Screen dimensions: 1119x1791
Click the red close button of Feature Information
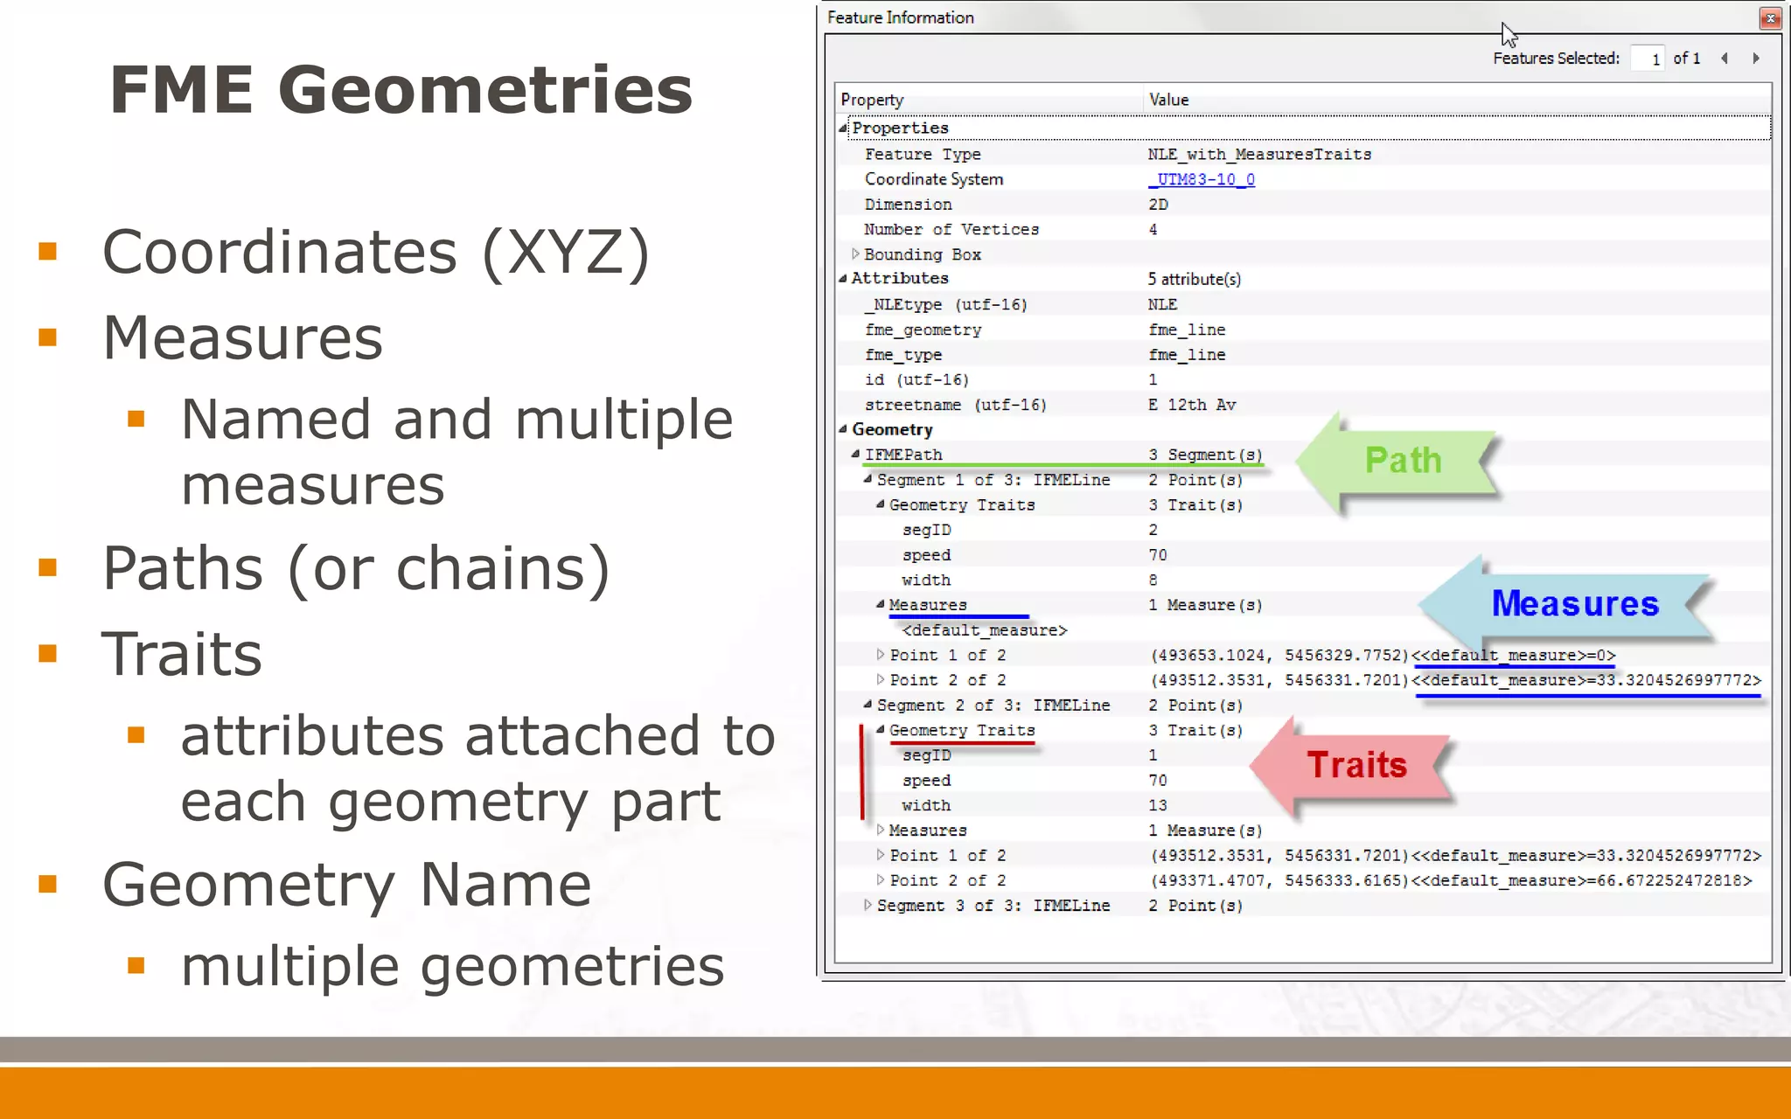point(1770,18)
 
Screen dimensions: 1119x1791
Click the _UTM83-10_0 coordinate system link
point(1202,179)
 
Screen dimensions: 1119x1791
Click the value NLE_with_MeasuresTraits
point(1259,155)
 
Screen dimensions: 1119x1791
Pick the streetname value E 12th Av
point(1192,405)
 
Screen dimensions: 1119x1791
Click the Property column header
point(872,100)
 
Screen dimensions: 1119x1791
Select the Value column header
point(1168,100)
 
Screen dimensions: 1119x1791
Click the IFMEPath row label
point(903,455)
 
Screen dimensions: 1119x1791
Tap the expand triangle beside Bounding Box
point(855,254)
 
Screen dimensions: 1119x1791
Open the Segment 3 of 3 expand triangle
point(868,906)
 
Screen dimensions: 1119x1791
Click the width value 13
point(1158,805)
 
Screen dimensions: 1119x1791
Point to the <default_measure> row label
point(984,630)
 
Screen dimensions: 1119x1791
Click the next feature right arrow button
point(1755,59)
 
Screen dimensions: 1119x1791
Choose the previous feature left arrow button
point(1725,59)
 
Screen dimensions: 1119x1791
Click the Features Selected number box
point(1648,59)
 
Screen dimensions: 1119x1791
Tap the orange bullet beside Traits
point(48,654)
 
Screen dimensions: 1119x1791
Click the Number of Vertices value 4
point(1153,230)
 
